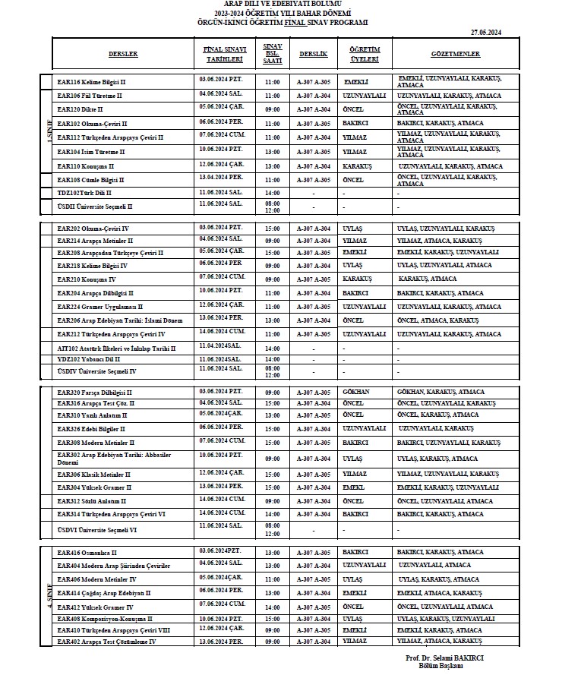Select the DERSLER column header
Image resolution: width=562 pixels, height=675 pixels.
(x=123, y=55)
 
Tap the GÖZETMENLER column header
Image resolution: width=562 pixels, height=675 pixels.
(x=455, y=55)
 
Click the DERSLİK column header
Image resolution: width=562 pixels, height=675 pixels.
(x=314, y=55)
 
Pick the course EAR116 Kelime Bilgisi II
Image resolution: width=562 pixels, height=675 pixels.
(x=92, y=82)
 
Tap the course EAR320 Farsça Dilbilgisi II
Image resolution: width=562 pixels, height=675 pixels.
(x=95, y=393)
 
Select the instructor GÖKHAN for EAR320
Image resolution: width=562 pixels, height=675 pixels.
(x=356, y=393)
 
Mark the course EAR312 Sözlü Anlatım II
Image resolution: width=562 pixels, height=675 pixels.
(x=92, y=501)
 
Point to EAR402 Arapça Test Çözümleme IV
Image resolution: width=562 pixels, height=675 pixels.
(x=107, y=642)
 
